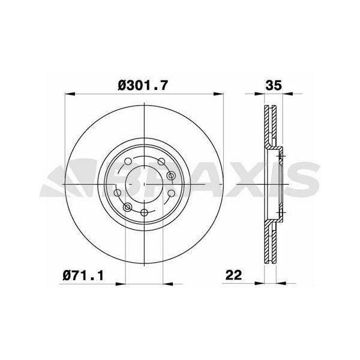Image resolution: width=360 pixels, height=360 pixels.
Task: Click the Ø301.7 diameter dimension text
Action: coord(142,86)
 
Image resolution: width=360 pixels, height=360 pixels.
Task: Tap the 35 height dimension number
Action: coord(273,86)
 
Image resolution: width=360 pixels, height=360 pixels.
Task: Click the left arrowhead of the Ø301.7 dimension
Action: coord(68,94)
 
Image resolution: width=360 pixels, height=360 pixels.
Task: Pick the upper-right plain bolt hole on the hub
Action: coord(160,162)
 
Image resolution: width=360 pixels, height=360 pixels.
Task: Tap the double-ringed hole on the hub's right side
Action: coord(171,175)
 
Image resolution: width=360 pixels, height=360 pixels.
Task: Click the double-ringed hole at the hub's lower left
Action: coord(127,207)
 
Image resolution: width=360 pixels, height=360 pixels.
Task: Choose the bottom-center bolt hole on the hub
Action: coord(144,213)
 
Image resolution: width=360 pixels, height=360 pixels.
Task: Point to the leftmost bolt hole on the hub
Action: coord(118,193)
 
